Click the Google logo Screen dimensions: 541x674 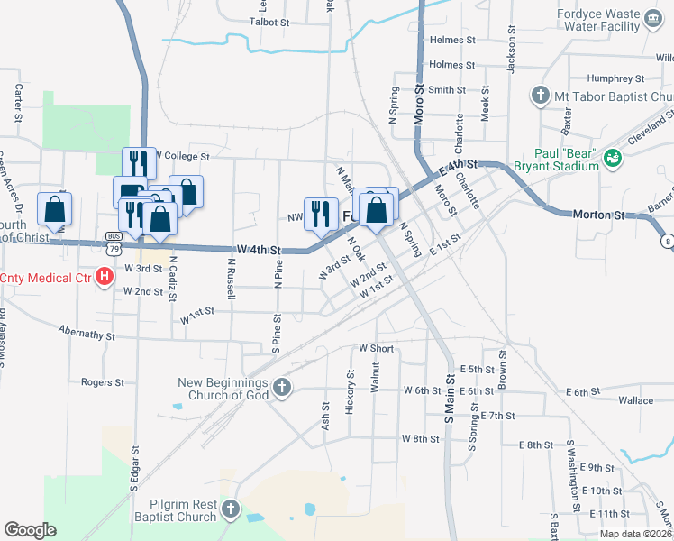tap(31, 530)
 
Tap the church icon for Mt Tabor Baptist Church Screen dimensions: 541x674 tap(540, 96)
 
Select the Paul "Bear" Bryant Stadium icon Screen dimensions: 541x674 tap(613, 158)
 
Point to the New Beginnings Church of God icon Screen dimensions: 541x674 tap(282, 389)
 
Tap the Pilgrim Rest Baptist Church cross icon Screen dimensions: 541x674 tap(232, 510)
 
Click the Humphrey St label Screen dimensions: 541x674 tap(610, 78)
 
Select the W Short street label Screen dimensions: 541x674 tap(377, 348)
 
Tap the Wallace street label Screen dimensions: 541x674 tap(635, 399)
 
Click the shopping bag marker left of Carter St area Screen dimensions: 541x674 tap(55, 210)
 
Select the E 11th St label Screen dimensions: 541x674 tap(608, 513)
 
